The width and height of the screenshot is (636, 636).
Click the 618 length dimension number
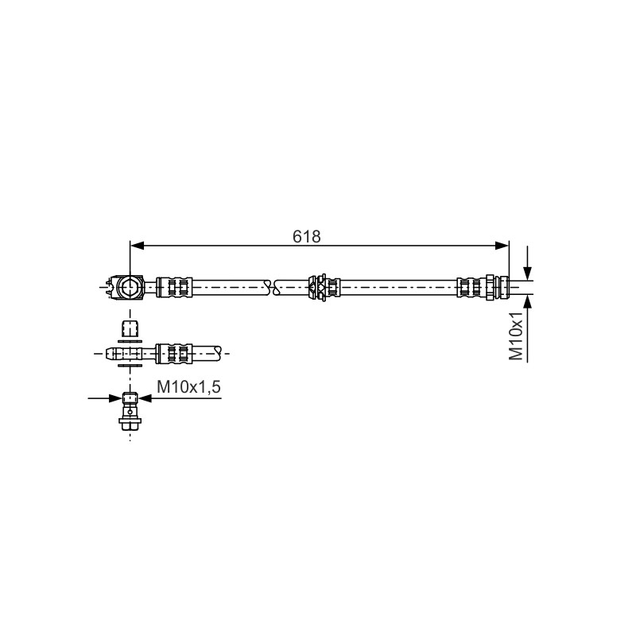pyautogui.click(x=306, y=236)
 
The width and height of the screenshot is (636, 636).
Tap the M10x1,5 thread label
pyautogui.click(x=188, y=387)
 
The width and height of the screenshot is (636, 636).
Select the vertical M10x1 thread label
pyautogui.click(x=516, y=336)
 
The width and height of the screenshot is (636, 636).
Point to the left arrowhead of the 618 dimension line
pyautogui.click(x=137, y=245)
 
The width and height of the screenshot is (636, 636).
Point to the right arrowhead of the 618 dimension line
pyautogui.click(x=502, y=245)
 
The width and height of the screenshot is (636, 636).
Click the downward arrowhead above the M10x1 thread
pyautogui.click(x=527, y=273)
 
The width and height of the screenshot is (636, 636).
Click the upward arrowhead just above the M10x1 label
pyautogui.click(x=527, y=302)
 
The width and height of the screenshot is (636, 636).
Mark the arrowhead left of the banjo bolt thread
pyautogui.click(x=115, y=398)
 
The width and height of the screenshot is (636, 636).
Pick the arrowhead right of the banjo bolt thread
pyautogui.click(x=145, y=398)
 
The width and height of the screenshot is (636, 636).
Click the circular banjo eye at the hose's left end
pyautogui.click(x=130, y=288)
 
